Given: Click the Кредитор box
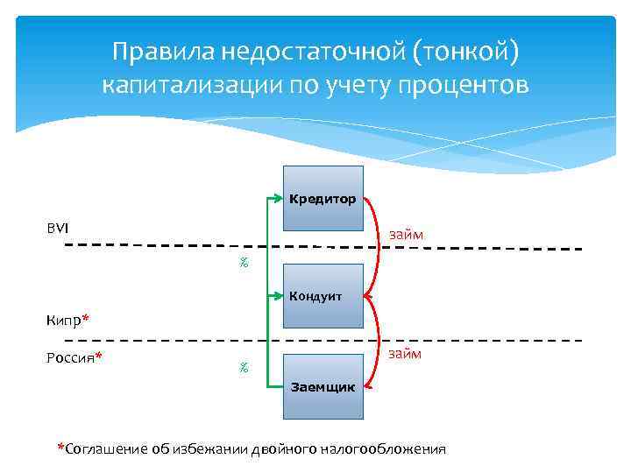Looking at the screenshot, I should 323,199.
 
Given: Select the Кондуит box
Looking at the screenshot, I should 323,296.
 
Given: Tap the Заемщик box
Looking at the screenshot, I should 323,385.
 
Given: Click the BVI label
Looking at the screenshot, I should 58,228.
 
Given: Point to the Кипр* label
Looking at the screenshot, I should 67,319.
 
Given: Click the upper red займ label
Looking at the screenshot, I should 406,235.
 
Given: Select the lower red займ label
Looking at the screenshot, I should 406,354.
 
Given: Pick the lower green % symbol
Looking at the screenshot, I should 244,368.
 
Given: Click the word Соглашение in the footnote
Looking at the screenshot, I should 103,448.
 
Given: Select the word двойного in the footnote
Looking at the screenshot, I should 281,448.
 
